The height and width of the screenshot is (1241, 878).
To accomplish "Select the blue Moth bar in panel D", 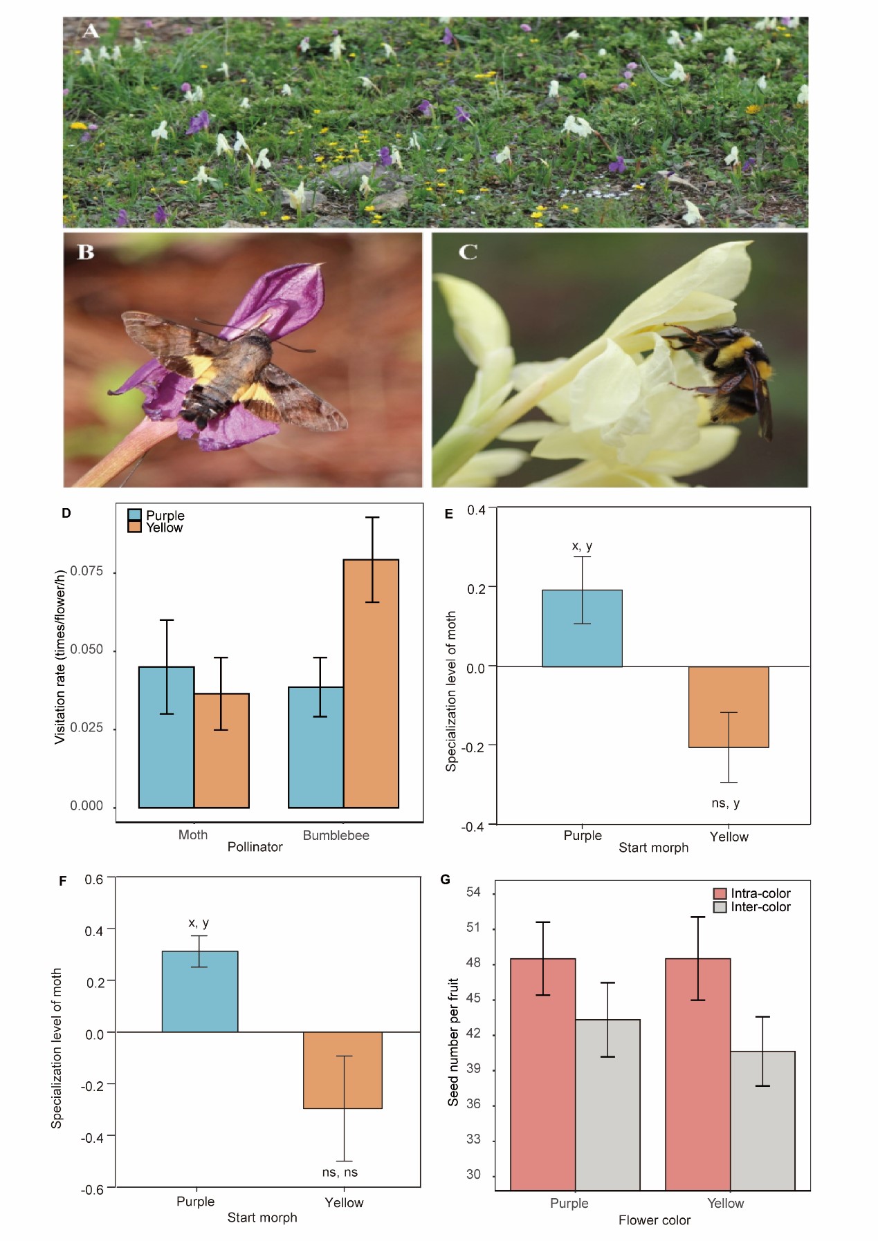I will pyautogui.click(x=166, y=737).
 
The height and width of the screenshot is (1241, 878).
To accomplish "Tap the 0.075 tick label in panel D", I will pyautogui.click(x=86, y=571).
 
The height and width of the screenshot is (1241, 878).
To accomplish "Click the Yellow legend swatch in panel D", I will pyautogui.click(x=135, y=528).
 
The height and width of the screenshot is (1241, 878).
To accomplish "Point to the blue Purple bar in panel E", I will pyautogui.click(x=582, y=628).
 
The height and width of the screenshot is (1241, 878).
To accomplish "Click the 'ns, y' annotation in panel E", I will pyautogui.click(x=725, y=803).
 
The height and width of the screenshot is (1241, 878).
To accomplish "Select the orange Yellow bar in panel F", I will pyautogui.click(x=342, y=1070).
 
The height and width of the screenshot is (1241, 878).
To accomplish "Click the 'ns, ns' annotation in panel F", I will pyautogui.click(x=340, y=1173).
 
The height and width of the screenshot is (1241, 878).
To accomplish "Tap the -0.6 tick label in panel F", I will pyautogui.click(x=92, y=1189).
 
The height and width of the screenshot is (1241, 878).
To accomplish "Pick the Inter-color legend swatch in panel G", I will pyautogui.click(x=720, y=907).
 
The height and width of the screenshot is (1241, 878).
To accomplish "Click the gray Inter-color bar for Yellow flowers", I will pyautogui.click(x=762, y=1120).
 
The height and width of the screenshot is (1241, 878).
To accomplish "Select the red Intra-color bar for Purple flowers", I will pyautogui.click(x=542, y=1074).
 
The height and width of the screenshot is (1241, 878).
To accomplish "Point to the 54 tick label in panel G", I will pyautogui.click(x=473, y=892).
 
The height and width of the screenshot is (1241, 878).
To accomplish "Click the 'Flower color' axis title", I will pyautogui.click(x=654, y=1220).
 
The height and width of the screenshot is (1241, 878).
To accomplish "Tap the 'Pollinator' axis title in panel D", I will pyautogui.click(x=255, y=847).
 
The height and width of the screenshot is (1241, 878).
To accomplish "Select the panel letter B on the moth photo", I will pyautogui.click(x=86, y=252).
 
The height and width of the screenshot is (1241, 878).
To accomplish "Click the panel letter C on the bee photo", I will pyautogui.click(x=468, y=252).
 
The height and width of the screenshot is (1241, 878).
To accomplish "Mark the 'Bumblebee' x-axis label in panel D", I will pyautogui.click(x=336, y=835).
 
